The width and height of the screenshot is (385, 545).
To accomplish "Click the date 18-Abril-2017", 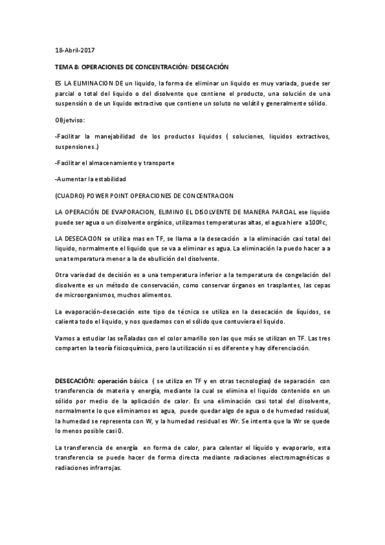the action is pos(75,50).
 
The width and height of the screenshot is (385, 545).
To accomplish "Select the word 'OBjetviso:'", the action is pos(71,120).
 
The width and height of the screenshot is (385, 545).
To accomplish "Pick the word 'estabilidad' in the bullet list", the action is pos(109,179).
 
